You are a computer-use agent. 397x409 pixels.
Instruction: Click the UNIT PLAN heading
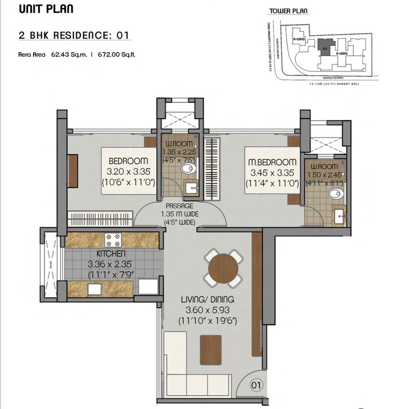click(46, 9)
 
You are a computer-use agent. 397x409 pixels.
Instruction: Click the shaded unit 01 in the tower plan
click(325, 47)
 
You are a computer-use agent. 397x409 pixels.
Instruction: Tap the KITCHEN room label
click(111, 254)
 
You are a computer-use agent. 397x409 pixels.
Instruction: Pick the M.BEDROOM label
click(270, 162)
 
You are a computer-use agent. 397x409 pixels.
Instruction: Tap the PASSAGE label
click(179, 206)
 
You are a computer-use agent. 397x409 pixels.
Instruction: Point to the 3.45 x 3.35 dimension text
click(270, 172)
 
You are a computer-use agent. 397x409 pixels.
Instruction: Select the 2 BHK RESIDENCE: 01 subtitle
click(74, 36)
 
